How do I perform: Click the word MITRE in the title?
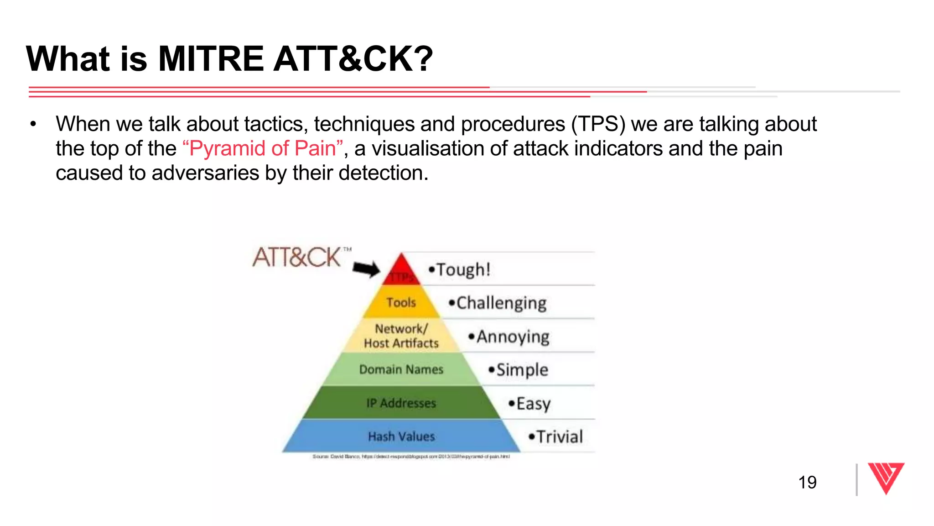click(x=210, y=59)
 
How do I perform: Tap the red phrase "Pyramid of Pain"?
click(x=262, y=148)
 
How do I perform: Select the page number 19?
click(x=807, y=482)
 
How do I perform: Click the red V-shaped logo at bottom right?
click(x=886, y=478)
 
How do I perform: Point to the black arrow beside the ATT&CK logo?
click(x=366, y=269)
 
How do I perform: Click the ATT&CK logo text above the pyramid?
click(x=297, y=258)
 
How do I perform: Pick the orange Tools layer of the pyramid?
click(x=401, y=302)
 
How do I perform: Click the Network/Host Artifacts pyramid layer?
click(x=401, y=336)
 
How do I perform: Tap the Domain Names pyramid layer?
click(x=401, y=369)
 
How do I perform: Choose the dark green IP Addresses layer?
click(x=401, y=403)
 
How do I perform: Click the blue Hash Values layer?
click(x=401, y=437)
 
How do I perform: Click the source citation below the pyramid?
click(x=410, y=456)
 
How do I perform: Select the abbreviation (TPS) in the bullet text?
click(x=598, y=124)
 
